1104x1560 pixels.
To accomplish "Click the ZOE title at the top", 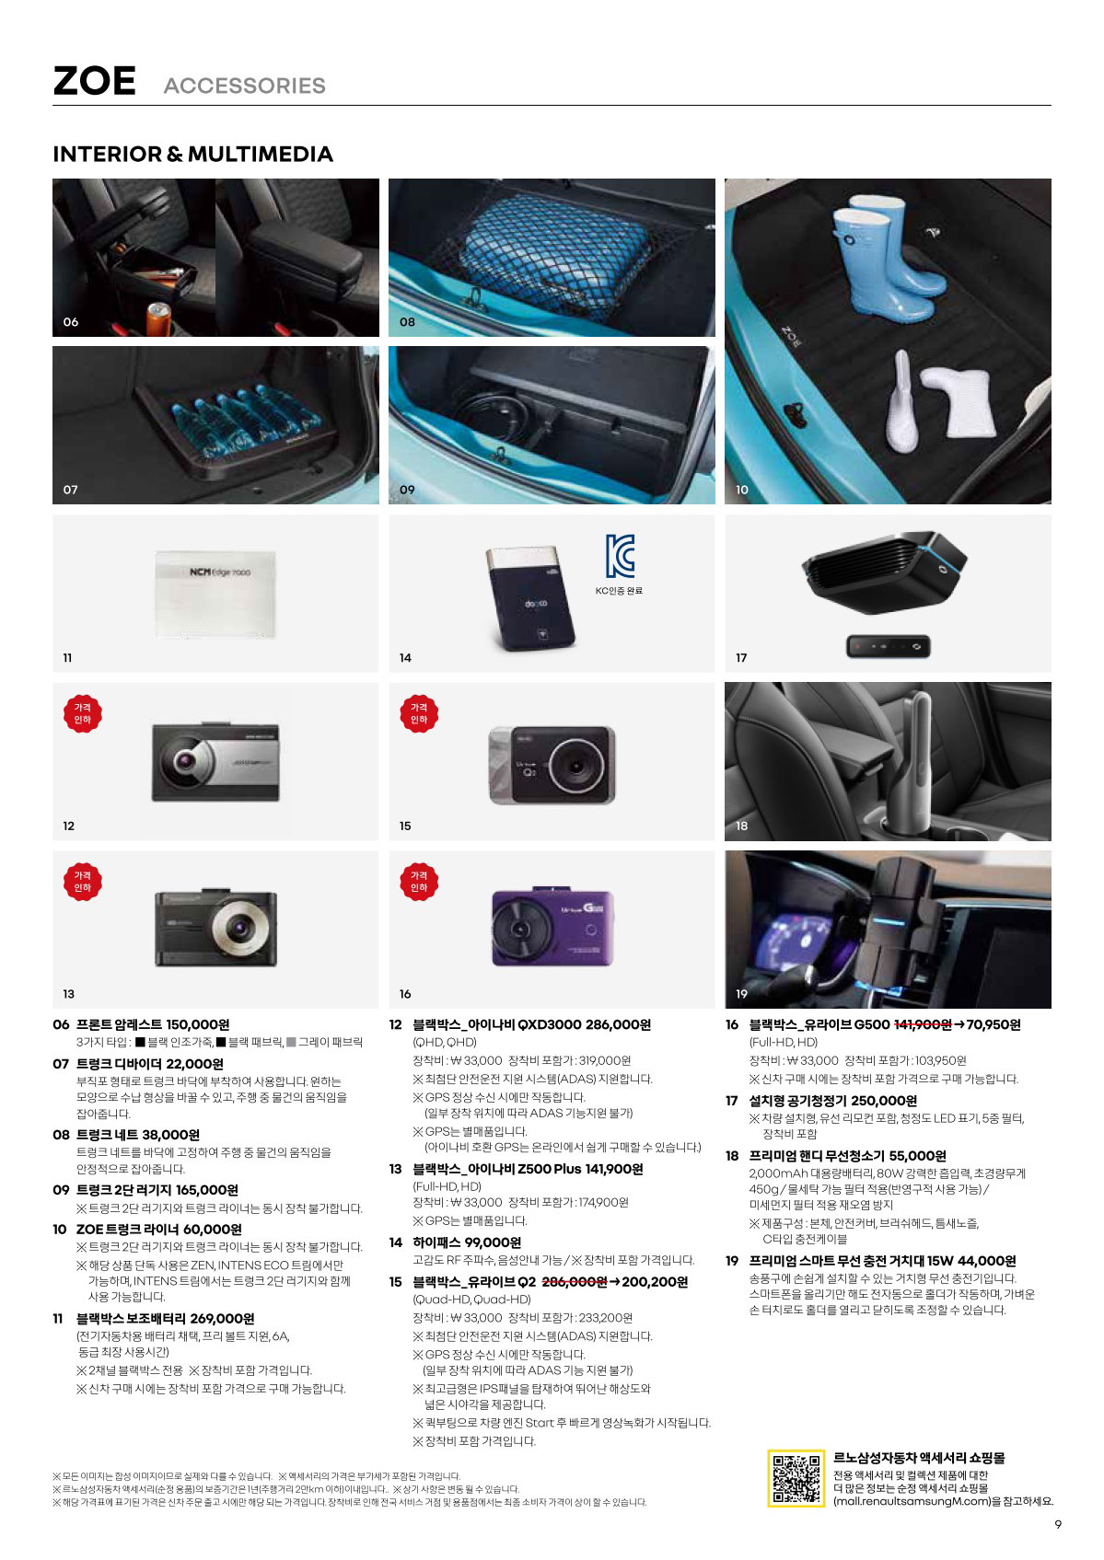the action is (x=94, y=81).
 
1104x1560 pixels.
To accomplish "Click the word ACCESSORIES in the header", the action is (x=245, y=86).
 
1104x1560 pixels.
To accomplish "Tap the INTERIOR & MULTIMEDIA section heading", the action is (x=193, y=154).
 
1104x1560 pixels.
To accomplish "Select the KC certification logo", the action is (x=620, y=556).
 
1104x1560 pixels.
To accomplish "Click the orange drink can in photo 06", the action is (x=158, y=319).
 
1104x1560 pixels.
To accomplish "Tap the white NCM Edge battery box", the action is (x=215, y=594).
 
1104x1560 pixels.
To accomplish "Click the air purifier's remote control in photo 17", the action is (x=888, y=646).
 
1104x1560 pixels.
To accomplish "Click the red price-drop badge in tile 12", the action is (x=82, y=713).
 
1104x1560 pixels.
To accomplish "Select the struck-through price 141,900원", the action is (x=923, y=1024).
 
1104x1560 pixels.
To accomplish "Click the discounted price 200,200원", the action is (x=655, y=1281).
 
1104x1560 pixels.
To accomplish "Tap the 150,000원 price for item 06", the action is (x=198, y=1024).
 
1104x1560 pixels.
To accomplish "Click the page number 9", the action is (x=1058, y=1524).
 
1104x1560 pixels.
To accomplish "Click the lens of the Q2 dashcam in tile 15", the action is (x=576, y=767).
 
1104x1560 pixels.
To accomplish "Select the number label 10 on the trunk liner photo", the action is (x=742, y=490).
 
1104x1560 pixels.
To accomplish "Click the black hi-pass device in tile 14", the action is (x=530, y=599).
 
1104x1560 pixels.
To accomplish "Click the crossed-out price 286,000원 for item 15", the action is (x=574, y=1281).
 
